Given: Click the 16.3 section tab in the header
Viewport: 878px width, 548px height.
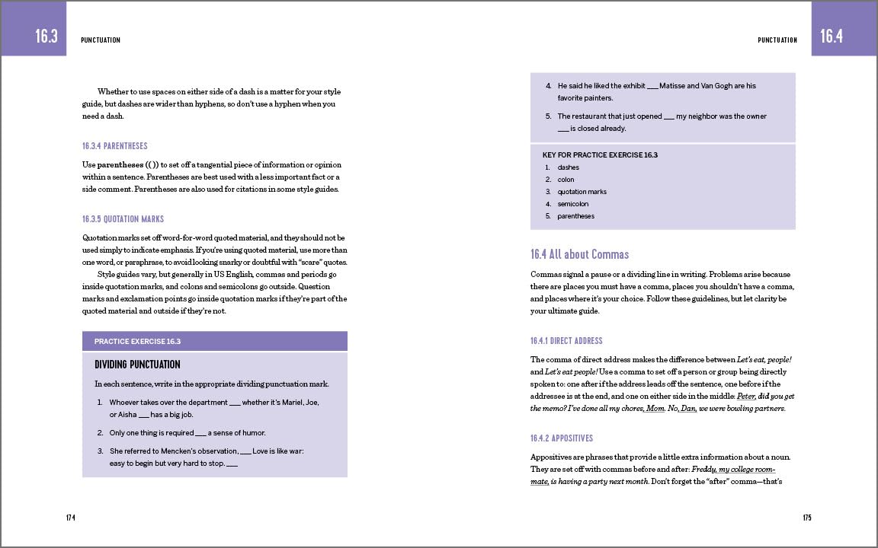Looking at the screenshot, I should (46, 36).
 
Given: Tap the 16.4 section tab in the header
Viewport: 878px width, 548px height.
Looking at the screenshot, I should (832, 36).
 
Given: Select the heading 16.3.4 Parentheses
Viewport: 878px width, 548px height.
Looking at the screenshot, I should (115, 146).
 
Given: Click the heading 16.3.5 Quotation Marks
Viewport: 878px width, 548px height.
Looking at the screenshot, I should (123, 219).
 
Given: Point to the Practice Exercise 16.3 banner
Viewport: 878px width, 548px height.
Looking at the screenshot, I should (214, 341).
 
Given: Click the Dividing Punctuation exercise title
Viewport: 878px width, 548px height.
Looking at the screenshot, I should (137, 365).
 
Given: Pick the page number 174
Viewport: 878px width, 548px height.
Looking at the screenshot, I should (70, 518).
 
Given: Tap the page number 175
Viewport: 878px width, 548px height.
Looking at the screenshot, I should (807, 518).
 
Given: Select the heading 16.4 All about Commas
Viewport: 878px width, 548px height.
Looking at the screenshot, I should (579, 254).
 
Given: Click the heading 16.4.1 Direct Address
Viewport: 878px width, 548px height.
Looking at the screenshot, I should (566, 341).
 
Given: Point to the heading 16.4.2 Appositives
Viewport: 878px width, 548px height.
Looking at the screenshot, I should (562, 438).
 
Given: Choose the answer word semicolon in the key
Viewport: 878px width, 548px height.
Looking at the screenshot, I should (573, 204).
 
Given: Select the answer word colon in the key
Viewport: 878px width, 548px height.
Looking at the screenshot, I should (566, 180).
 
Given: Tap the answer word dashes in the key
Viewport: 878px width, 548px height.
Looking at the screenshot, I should (568, 167).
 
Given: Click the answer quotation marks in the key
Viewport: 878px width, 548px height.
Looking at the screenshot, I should (582, 192).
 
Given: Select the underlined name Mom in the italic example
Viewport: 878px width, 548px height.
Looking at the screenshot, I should (655, 409).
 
